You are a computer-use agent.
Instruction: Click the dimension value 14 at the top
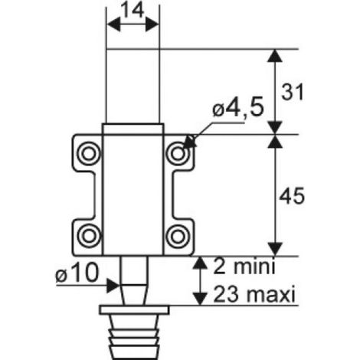click(x=132, y=11)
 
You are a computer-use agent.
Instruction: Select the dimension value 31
click(x=293, y=92)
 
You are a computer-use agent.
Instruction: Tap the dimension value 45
click(x=292, y=196)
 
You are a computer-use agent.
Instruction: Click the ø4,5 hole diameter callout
click(x=237, y=108)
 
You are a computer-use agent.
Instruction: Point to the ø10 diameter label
click(x=77, y=273)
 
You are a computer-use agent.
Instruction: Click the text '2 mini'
click(x=244, y=267)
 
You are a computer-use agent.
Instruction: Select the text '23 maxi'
click(x=254, y=294)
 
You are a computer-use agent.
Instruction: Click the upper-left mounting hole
click(x=89, y=154)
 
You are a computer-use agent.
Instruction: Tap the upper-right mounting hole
click(x=178, y=153)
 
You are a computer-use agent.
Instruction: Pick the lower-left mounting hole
click(x=89, y=236)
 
